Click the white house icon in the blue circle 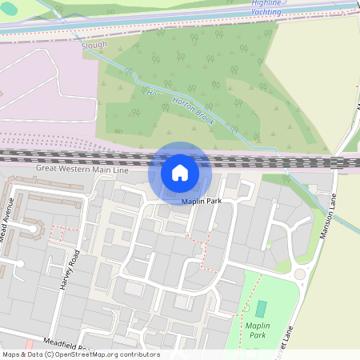click(180, 172)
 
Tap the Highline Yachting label click(266, 8)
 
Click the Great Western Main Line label click(82, 170)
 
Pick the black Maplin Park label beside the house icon click(201, 201)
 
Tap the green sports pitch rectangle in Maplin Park click(262, 308)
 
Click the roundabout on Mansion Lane click(301, 274)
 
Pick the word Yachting click(266, 12)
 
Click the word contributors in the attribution click(141, 354)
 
